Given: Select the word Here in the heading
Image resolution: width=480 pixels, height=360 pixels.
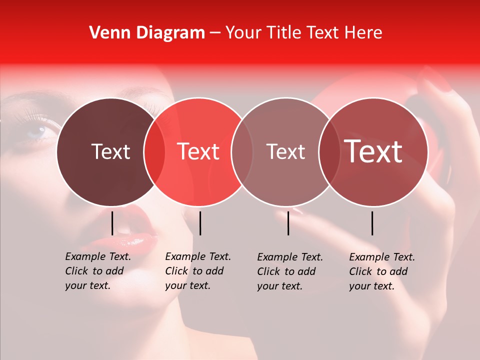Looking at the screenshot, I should click(364, 33).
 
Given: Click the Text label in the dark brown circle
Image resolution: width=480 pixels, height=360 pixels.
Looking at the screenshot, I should click(110, 151).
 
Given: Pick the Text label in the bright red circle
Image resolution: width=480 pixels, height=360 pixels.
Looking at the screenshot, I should click(198, 151).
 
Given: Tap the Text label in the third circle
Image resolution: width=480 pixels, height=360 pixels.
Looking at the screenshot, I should click(286, 151).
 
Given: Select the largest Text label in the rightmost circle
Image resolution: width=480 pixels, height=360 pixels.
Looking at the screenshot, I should click(373, 151).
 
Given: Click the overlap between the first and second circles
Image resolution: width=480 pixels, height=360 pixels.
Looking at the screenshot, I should click(154, 151).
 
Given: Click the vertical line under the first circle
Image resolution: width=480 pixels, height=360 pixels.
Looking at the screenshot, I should click(112, 223).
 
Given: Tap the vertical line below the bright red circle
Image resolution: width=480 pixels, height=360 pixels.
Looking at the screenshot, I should click(200, 223).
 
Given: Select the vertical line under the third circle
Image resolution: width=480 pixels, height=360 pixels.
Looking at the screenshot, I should click(288, 223).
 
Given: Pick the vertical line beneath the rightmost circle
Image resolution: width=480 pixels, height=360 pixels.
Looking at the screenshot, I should click(372, 223).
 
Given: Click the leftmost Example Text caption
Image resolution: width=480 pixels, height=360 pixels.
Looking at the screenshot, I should click(98, 271).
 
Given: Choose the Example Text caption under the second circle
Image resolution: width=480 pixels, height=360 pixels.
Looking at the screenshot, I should click(198, 271).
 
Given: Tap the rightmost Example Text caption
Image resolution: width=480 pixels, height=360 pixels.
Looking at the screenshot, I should click(382, 271).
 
